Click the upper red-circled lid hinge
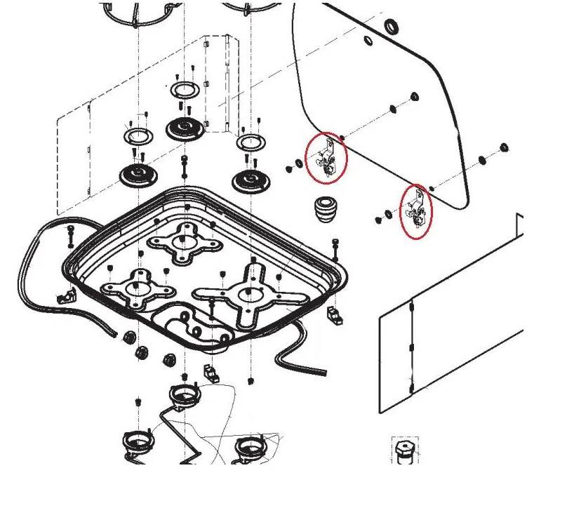pyautogui.click(x=326, y=158)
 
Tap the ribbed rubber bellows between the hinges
pyautogui.click(x=323, y=209)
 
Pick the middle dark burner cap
pyautogui.click(x=185, y=128)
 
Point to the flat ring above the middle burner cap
pyautogui.click(x=185, y=89)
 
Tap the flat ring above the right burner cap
pyautogui.click(x=250, y=142)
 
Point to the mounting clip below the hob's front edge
pyautogui.click(x=209, y=371)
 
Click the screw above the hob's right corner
pyautogui.click(x=335, y=245)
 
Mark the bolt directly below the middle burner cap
pyautogui.click(x=184, y=167)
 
